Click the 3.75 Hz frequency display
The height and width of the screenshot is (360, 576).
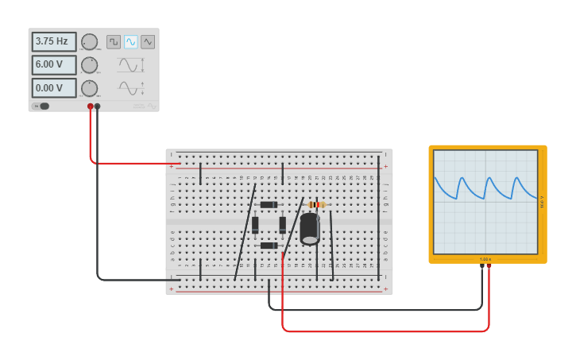coord(54,41)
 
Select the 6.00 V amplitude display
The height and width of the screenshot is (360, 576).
coord(54,64)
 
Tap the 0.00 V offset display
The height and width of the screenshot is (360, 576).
coord(54,87)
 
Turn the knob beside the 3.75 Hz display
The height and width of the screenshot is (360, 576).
coord(90,41)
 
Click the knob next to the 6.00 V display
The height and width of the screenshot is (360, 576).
coord(90,64)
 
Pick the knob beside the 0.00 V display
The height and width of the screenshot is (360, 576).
coord(90,87)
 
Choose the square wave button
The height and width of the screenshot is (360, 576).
coord(114,41)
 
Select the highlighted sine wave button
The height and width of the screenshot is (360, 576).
coord(131,41)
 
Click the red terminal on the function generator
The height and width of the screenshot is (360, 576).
coord(91,106)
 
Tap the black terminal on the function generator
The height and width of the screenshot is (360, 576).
coord(98,106)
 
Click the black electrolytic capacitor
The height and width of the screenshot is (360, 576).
coord(310,228)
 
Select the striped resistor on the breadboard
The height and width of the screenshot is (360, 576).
coord(316,204)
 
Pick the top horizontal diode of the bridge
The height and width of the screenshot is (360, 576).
coord(269,204)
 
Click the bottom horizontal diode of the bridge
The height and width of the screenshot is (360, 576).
coord(269,246)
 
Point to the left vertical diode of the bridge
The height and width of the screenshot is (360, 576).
coord(255,225)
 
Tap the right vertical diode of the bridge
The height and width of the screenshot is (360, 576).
coord(282,225)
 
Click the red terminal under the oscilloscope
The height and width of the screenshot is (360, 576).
coord(489,266)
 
